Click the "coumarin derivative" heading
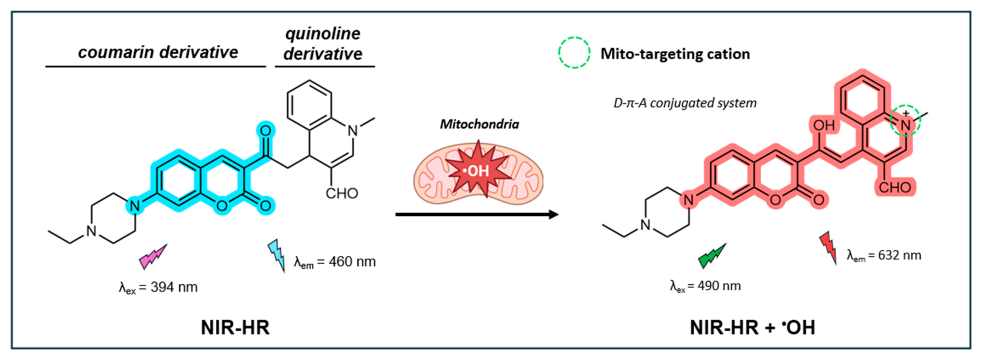tap(158, 52)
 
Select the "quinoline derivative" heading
tap(323, 44)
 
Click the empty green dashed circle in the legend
tap(574, 53)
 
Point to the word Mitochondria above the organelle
tap(479, 124)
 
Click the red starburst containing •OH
tap(479, 170)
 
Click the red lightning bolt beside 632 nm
tap(829, 248)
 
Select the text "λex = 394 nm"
tap(158, 287)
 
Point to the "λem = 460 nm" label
tap(335, 262)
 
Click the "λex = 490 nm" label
tap(705, 286)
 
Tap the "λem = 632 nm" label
tap(884, 255)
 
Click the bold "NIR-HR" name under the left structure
tap(235, 327)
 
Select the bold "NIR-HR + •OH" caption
tap(752, 327)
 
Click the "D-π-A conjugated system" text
tap(685, 103)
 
